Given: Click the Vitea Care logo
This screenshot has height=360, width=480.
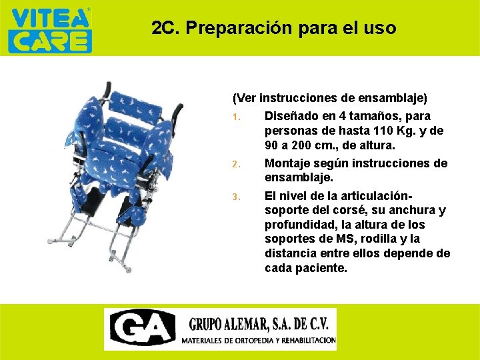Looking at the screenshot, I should point(49,29).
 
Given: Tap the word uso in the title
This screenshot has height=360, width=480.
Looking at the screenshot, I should point(381,29).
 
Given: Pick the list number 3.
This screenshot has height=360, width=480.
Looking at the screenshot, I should point(236,197).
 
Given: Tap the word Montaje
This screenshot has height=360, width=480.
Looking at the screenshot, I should point(289,163).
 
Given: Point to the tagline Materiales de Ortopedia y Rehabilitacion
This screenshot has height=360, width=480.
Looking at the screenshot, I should point(259,340).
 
